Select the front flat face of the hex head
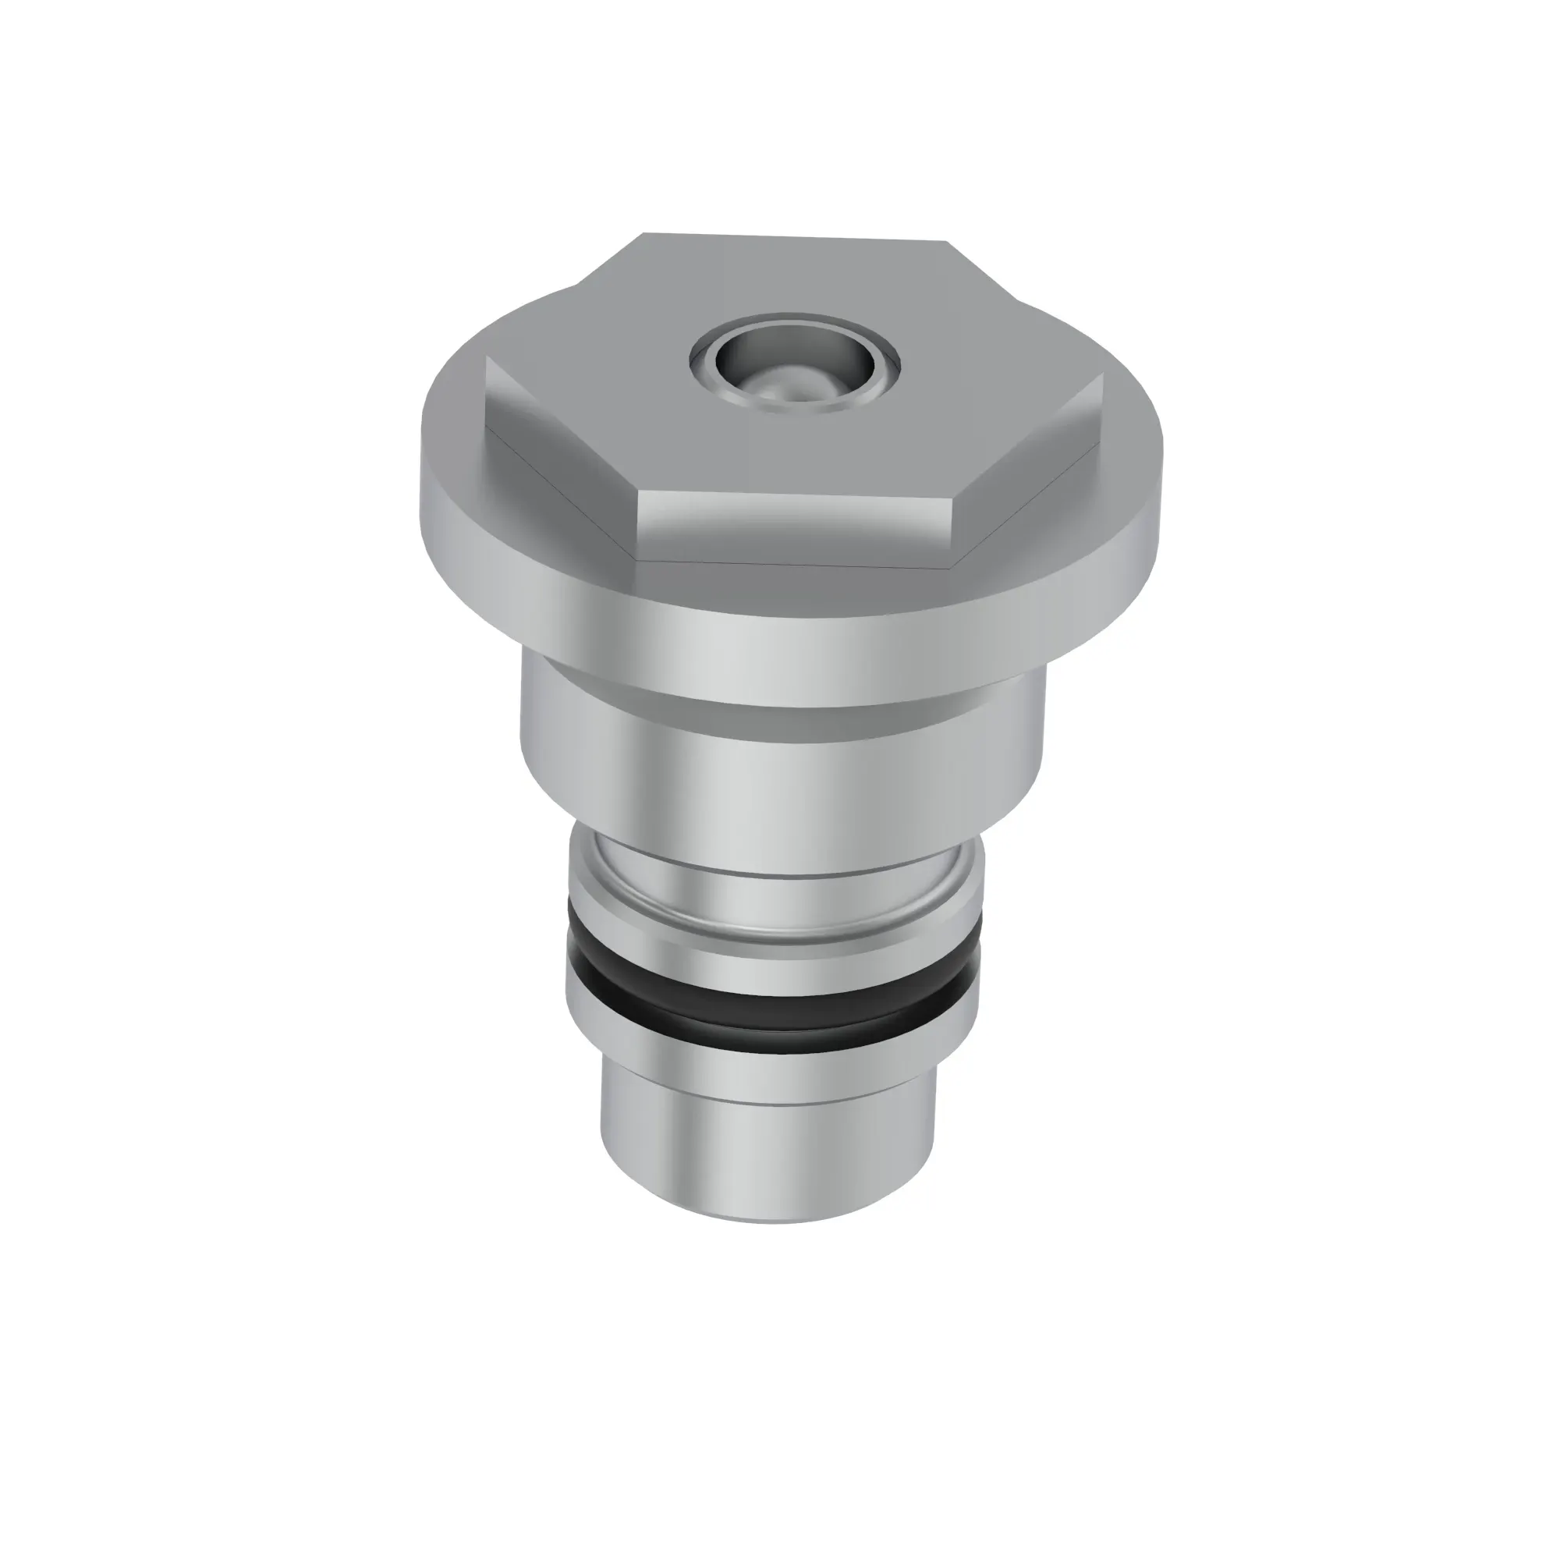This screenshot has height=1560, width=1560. coord(796,529)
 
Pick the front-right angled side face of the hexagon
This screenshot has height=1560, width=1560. coord(1030,473)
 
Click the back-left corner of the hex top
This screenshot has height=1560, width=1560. coord(644,234)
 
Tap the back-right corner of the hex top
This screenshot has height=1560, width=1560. coord(945,242)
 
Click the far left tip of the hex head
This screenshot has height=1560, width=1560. coord(487,360)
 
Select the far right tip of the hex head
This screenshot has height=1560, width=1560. coord(1102,374)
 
